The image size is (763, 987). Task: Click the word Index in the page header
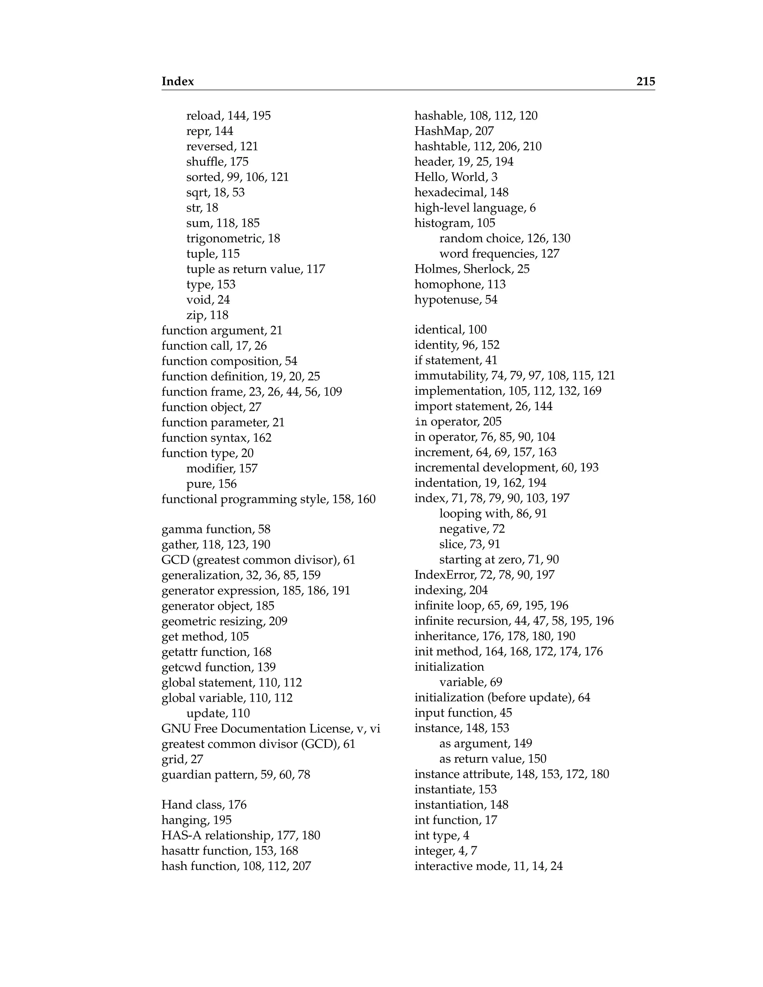pos(178,81)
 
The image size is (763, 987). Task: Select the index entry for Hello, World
pos(456,177)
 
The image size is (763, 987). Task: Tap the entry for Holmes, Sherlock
pos(472,269)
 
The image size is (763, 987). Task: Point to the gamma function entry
pos(216,529)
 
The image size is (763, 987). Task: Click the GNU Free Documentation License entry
pos(270,729)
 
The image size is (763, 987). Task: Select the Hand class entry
pos(204,805)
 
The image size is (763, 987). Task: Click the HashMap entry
pos(454,131)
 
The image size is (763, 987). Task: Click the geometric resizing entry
pos(224,621)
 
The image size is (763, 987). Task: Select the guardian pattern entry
pos(235,775)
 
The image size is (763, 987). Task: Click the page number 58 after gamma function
pos(264,529)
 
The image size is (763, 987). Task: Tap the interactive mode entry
pos(488,866)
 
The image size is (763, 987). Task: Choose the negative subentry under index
pos(472,529)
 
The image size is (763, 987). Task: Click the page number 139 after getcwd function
pos(266,667)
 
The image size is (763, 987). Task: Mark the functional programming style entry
pos(269,499)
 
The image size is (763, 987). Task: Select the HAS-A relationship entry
pos(240,836)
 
